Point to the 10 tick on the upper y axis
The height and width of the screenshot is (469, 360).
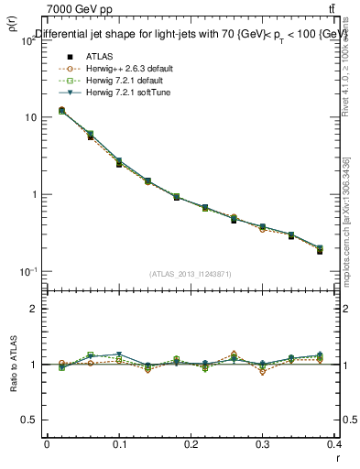point(30,117)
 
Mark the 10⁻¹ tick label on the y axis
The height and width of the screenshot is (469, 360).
point(27,272)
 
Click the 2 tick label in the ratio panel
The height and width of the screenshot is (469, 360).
point(33,309)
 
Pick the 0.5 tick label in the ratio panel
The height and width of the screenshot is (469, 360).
point(29,420)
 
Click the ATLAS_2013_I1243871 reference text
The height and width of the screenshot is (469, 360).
point(191,274)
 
